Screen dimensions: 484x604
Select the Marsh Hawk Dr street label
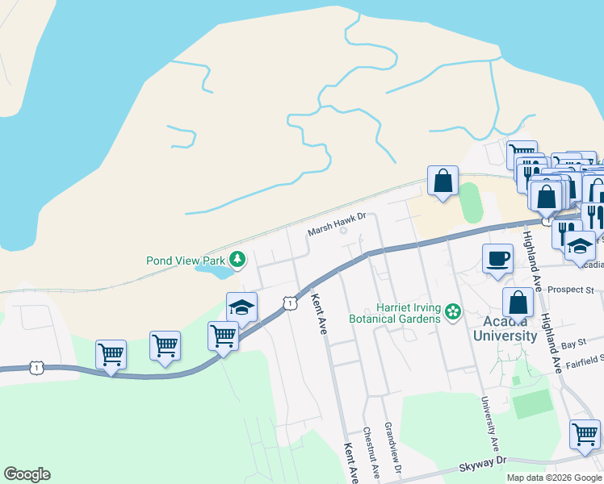[338, 232]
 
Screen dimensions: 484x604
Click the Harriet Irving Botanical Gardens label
[409, 312]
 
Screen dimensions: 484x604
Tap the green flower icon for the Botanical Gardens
[453, 311]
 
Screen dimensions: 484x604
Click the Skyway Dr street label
[483, 460]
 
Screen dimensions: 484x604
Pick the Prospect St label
[575, 289]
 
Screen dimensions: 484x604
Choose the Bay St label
[573, 344]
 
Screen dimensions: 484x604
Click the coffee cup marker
[498, 260]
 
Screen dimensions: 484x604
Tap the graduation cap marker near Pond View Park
[241, 307]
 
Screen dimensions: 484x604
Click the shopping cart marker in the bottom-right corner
[584, 435]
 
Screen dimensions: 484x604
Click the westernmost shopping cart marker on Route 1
[111, 354]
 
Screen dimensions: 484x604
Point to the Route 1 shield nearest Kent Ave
[289, 302]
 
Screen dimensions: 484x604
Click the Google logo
[27, 474]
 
